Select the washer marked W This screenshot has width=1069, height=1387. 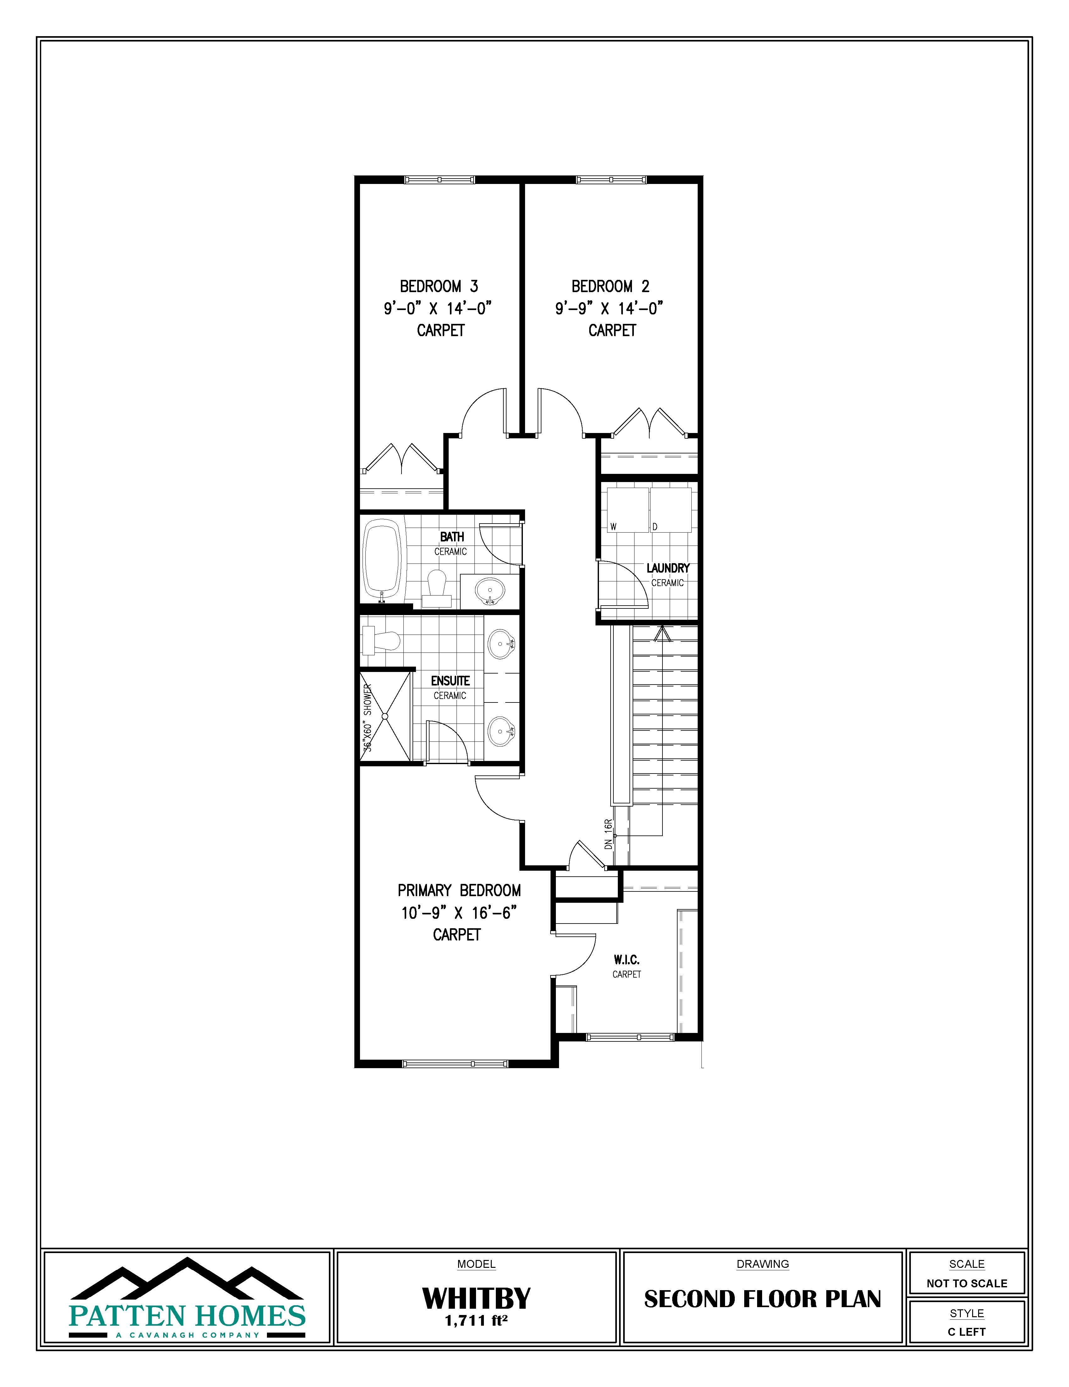[627, 510]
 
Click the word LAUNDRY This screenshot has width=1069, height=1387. [667, 568]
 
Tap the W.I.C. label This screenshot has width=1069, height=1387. [626, 960]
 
